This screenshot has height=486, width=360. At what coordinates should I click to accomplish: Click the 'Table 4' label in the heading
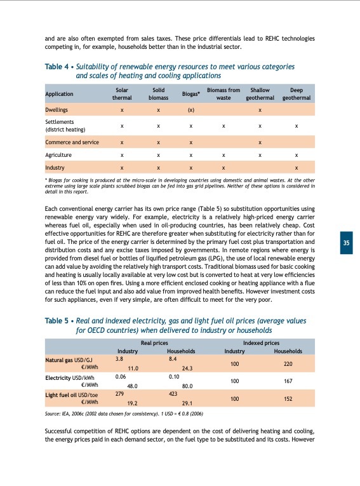pyautogui.click(x=58, y=66)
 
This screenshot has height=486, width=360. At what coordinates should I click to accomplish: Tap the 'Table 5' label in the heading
pyautogui.click(x=58, y=321)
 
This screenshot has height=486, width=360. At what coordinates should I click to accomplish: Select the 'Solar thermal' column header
pyautogui.click(x=121, y=94)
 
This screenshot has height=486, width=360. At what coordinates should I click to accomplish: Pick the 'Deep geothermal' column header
pyautogui.click(x=296, y=94)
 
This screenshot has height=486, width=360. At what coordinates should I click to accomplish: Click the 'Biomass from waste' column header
pyautogui.click(x=223, y=94)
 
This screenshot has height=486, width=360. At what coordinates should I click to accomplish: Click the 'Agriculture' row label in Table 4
pyautogui.click(x=58, y=154)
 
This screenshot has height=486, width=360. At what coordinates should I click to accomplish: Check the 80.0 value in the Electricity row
pyautogui.click(x=187, y=385)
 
